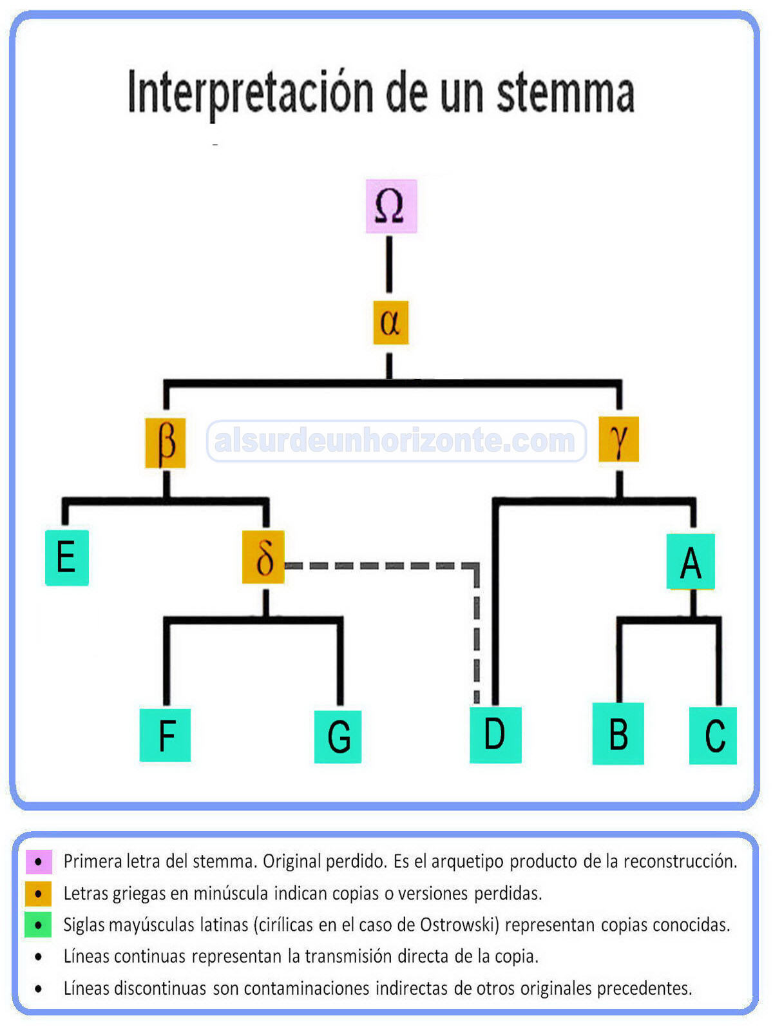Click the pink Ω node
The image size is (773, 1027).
pos(391,206)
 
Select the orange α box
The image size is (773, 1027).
pos(390,322)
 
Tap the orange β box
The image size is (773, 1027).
pos(166,443)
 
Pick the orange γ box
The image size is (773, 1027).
pos(618,440)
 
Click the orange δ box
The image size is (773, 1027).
pos(263,557)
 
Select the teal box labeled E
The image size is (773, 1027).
pos(66,557)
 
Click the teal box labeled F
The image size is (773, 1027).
pos(166,735)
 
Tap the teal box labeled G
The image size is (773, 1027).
pos(338,736)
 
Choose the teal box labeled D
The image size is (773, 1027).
pos(495,734)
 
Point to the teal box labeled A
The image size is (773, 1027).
pos(691,562)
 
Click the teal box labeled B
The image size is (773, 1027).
pos(618,734)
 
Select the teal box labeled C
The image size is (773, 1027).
pos(713,735)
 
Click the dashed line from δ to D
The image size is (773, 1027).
pos(386,566)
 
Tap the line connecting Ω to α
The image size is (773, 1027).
pos(389,264)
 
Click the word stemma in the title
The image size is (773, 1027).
pos(565,93)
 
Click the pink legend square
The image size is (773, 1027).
pos(39,861)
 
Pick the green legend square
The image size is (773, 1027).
pos(39,925)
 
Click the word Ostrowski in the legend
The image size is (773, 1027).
pos(459,925)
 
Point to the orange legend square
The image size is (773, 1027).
pos(39,894)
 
